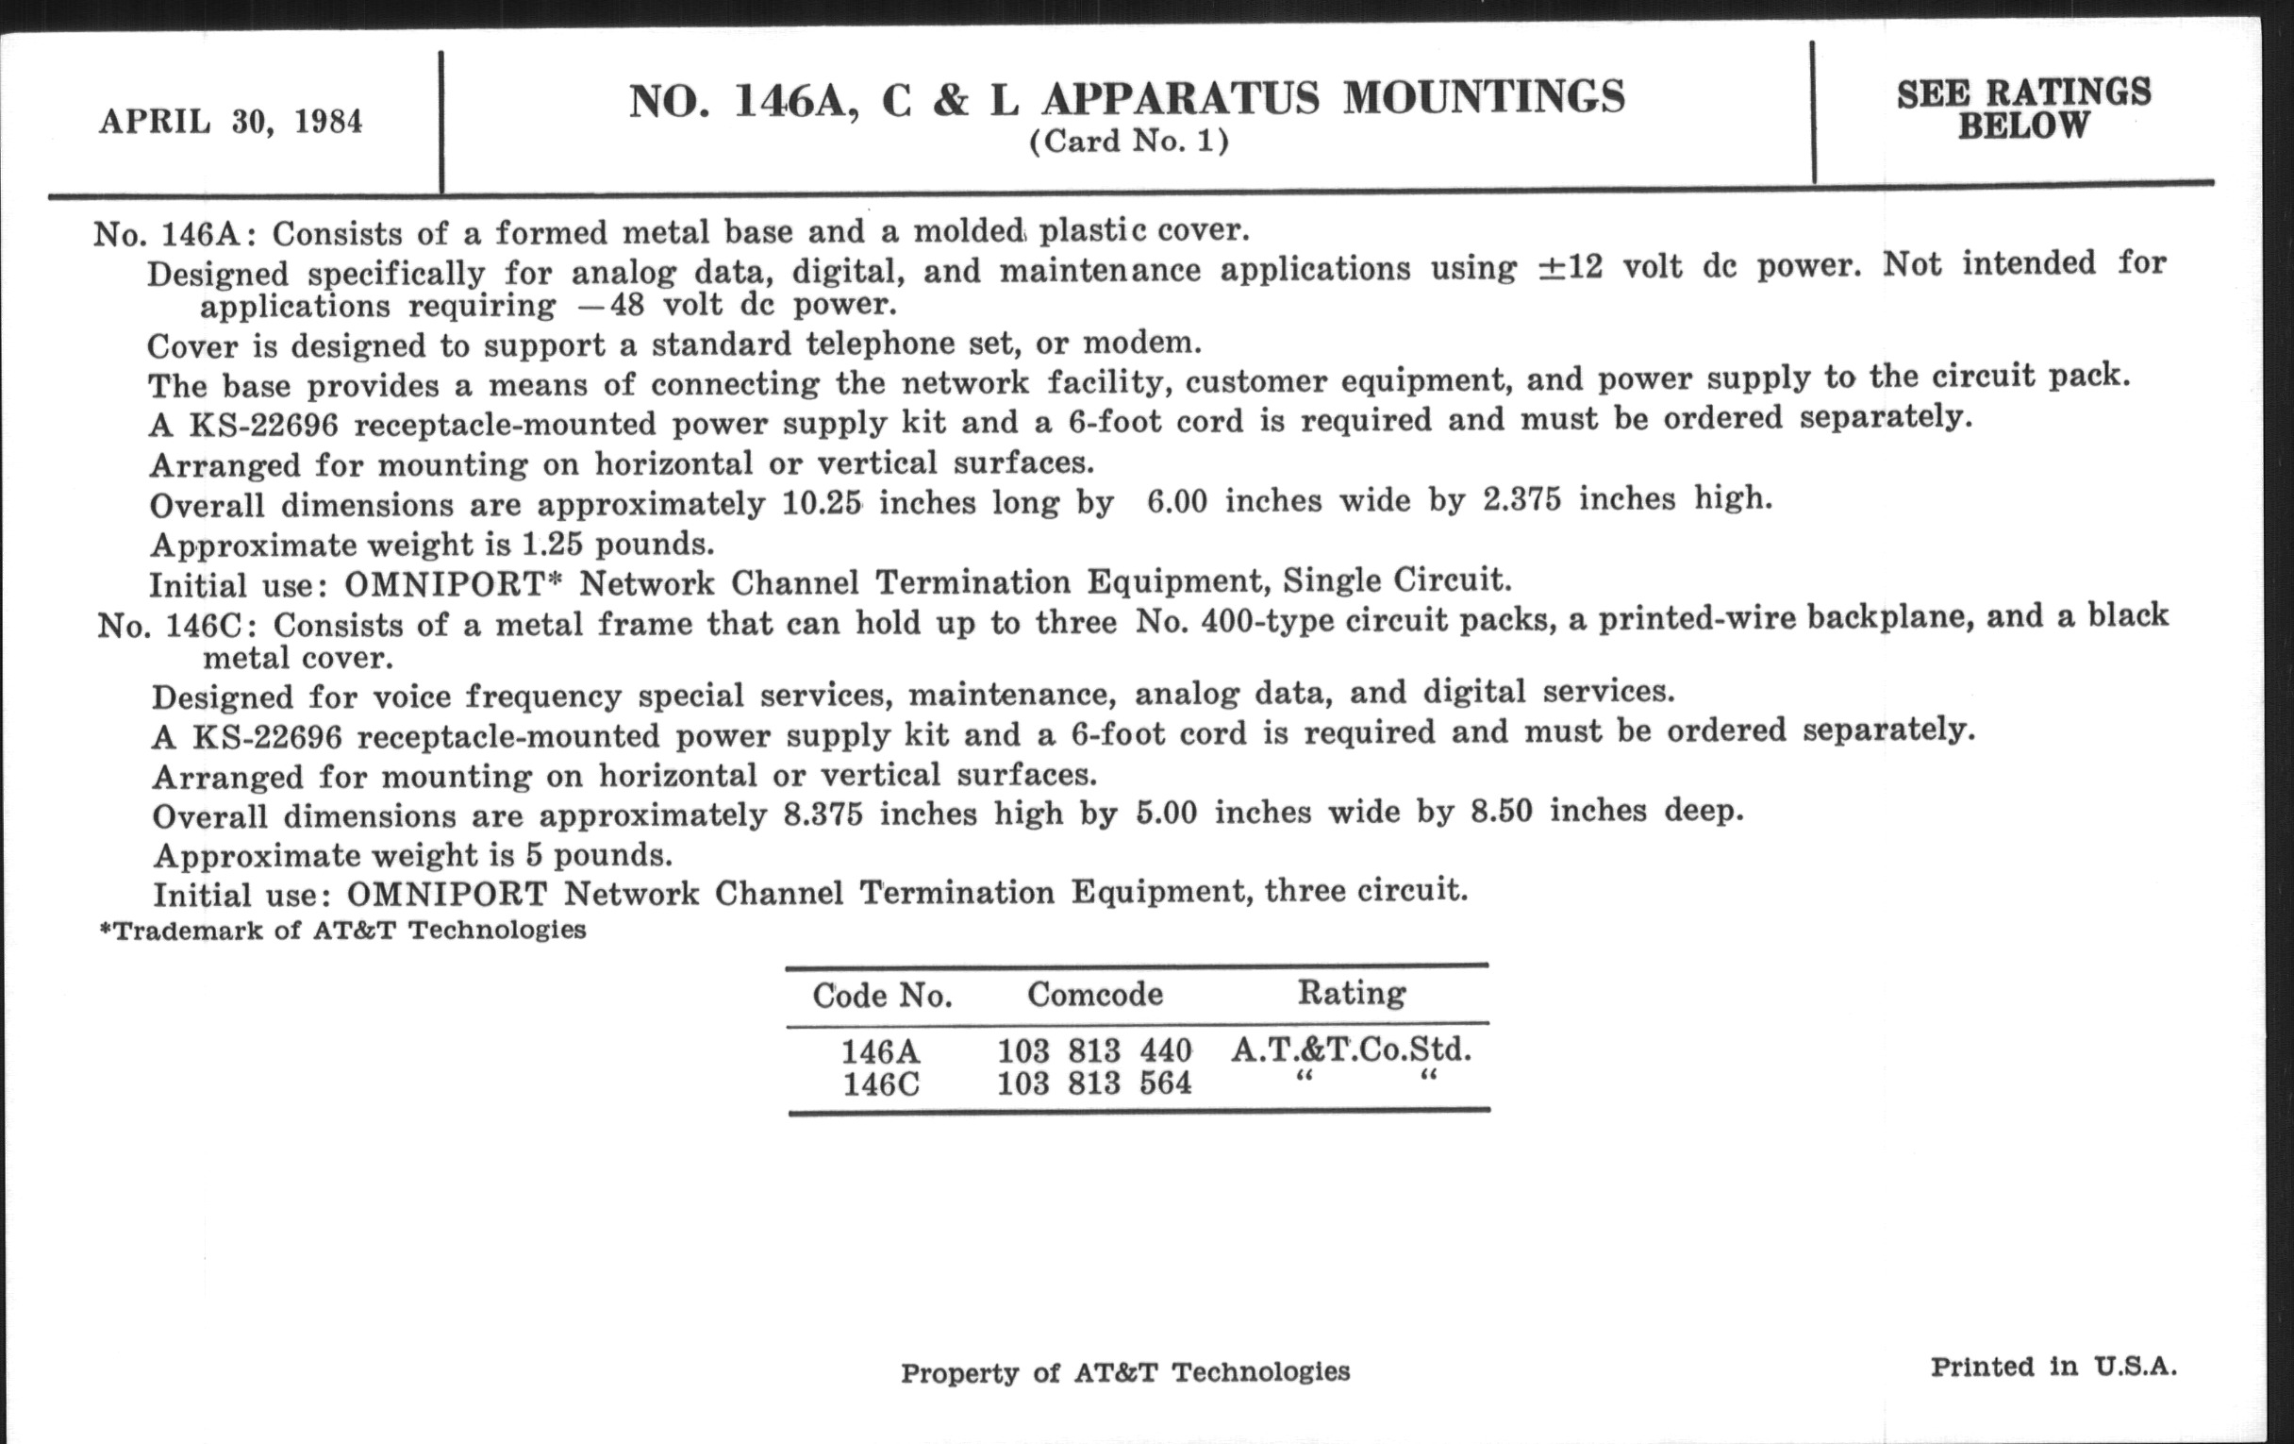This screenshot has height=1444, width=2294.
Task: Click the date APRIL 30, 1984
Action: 230,122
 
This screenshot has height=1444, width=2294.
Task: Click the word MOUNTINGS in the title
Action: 1484,97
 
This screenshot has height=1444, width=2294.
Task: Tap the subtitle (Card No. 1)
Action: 1129,142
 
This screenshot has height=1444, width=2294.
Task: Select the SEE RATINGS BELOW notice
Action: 2022,109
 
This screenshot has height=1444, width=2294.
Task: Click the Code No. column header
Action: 882,996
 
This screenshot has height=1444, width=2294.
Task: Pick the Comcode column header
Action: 1094,994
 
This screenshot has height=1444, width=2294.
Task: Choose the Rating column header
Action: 1351,992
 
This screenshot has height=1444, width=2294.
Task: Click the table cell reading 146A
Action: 880,1052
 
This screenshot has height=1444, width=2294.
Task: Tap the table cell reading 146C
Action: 881,1084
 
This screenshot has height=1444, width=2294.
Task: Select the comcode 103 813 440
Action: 1093,1050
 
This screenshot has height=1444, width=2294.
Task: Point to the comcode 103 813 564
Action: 1093,1083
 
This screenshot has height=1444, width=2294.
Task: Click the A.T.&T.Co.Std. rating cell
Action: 1351,1049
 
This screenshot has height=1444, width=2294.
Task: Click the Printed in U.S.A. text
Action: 2053,1367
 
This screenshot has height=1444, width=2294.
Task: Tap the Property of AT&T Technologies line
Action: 1125,1372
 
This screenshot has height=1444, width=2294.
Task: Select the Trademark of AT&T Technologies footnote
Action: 343,931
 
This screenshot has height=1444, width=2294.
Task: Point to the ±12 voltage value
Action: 1570,268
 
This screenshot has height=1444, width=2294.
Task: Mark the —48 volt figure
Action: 609,306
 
